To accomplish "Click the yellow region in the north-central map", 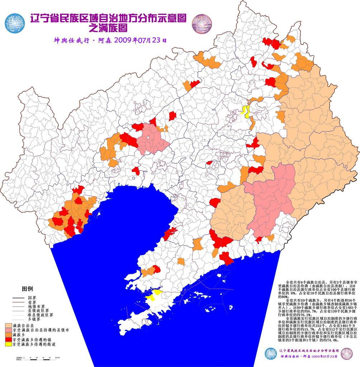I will pos(246,111).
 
